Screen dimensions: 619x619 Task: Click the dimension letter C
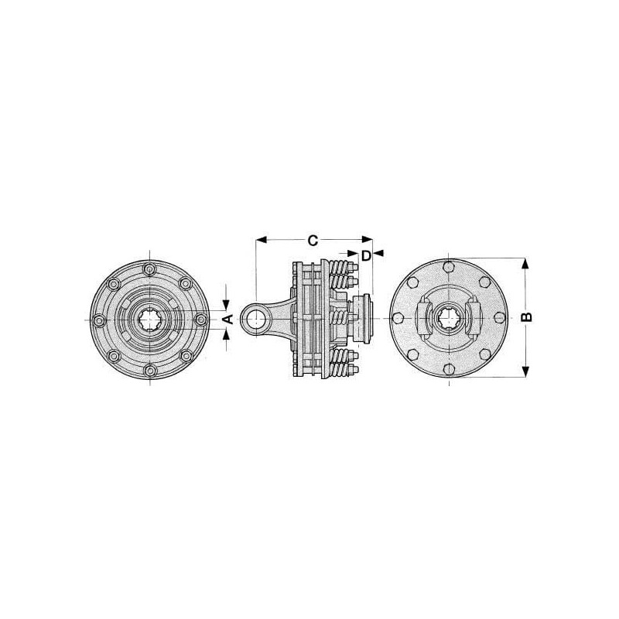click(x=313, y=241)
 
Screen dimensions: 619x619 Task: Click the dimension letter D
click(x=366, y=256)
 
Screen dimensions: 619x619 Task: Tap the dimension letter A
click(x=229, y=319)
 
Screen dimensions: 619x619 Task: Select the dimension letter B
click(x=527, y=317)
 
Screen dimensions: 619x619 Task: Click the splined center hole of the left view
click(x=150, y=319)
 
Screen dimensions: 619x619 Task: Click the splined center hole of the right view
click(x=449, y=318)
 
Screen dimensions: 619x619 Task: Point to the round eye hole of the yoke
click(x=257, y=319)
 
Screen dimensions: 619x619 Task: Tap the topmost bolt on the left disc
click(x=150, y=269)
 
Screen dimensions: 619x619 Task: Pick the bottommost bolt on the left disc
click(x=150, y=371)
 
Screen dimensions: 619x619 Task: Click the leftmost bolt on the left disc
click(x=99, y=320)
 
